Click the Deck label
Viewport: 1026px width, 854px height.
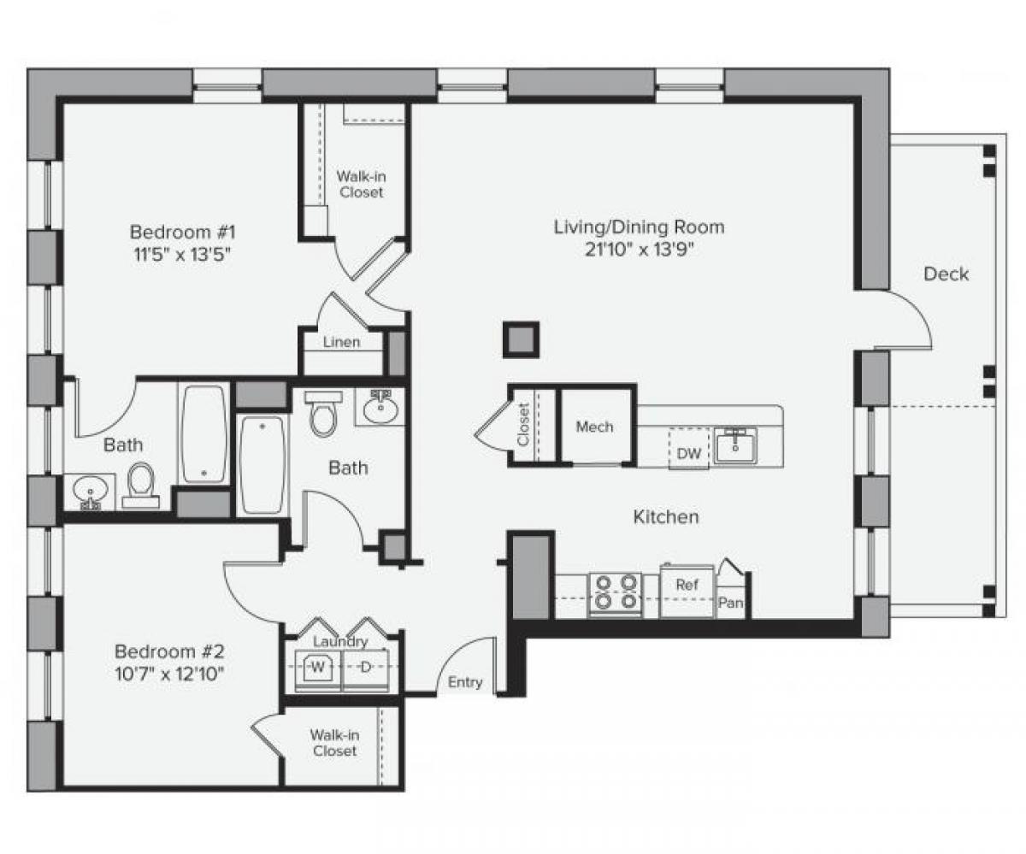tap(946, 274)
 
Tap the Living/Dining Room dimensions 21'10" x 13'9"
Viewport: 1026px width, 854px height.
tap(639, 250)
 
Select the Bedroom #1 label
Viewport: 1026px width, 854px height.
tap(182, 232)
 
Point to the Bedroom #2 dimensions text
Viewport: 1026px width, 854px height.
tap(169, 672)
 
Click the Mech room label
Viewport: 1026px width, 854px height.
tap(594, 427)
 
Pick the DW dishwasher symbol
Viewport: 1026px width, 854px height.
tap(688, 454)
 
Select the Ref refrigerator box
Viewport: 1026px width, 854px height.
tap(687, 586)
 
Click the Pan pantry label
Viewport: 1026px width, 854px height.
tap(730, 604)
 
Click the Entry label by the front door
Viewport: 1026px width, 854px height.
tap(465, 682)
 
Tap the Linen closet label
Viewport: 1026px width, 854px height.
tap(341, 342)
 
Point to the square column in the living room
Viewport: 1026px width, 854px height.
tap(521, 339)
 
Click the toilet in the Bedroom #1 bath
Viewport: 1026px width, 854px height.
tap(140, 486)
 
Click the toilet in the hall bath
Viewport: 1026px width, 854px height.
tap(323, 414)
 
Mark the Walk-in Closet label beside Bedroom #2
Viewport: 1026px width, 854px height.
tap(333, 742)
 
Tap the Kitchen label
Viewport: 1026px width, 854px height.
tap(665, 516)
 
